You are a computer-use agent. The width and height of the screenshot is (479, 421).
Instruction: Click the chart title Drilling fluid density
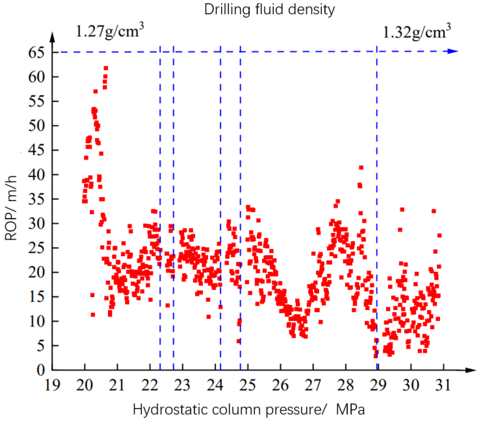pos(269,10)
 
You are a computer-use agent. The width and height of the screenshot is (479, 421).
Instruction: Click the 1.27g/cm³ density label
pos(110,31)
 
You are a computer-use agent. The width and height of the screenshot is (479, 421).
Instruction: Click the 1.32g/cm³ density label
pos(417,32)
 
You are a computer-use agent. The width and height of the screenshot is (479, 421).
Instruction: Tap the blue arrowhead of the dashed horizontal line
pos(453,51)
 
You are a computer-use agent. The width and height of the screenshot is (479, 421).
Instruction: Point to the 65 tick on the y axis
pos(36,53)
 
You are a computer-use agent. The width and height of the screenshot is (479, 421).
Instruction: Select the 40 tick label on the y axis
pos(36,175)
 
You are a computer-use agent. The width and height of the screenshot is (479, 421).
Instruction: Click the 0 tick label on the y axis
pos(41,370)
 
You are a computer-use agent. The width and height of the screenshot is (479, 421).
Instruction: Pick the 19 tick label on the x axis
pos(52,385)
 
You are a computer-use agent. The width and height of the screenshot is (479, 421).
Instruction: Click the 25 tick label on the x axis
pos(247,385)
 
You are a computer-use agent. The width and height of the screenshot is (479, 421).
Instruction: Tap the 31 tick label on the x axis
pos(443,385)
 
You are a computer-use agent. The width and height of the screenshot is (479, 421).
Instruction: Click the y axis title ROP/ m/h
pos(11,208)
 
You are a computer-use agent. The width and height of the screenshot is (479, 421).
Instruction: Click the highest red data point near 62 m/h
pos(106,68)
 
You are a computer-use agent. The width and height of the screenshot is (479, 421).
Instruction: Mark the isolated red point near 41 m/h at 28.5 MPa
pos(361,168)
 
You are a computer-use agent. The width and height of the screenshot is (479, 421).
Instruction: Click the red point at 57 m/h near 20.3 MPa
pos(96,91)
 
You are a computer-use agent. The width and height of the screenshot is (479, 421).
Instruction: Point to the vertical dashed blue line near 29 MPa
pos(377,208)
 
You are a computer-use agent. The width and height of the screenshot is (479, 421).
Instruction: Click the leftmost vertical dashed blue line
pos(160,208)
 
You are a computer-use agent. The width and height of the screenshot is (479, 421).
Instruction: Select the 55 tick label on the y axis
pos(36,101)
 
